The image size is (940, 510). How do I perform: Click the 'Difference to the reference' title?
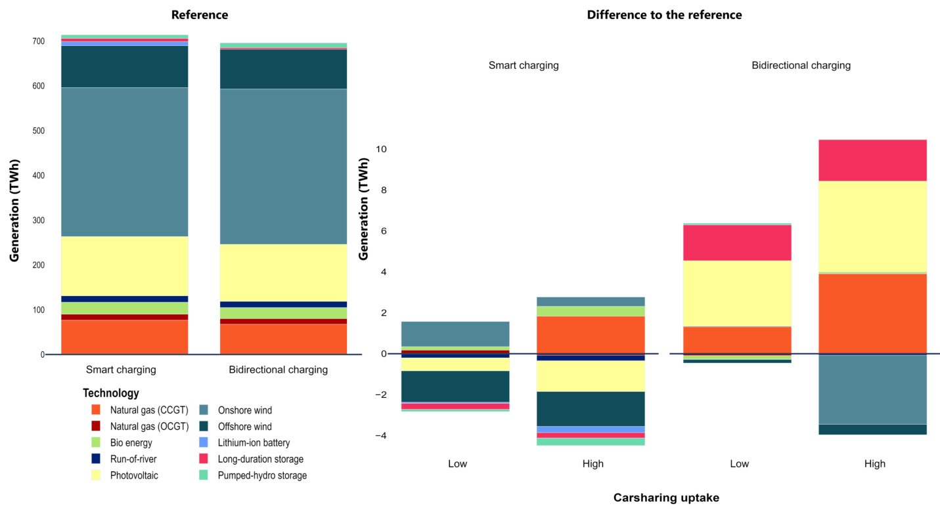click(x=664, y=14)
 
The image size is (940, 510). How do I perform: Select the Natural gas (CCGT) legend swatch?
click(x=96, y=410)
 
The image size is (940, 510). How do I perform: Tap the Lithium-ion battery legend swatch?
click(x=204, y=443)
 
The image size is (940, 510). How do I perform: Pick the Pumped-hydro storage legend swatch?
click(x=204, y=475)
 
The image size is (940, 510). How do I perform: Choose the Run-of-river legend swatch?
click(x=96, y=459)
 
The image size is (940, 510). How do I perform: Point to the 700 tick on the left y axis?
click(x=39, y=41)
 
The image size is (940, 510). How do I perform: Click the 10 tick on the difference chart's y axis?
click(x=380, y=150)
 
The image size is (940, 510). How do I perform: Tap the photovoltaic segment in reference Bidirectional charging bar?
click(x=282, y=272)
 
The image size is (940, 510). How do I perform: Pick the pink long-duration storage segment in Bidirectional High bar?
click(x=872, y=160)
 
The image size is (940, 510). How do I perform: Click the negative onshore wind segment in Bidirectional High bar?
click(x=872, y=389)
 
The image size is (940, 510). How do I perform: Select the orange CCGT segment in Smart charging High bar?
click(x=590, y=335)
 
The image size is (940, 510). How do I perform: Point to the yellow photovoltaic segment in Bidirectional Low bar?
click(x=737, y=293)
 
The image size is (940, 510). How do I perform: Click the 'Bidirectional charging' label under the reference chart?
click(x=278, y=370)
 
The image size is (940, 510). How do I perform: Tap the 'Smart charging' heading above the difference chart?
click(x=524, y=66)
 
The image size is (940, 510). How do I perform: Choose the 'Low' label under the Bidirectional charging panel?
click(x=739, y=464)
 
